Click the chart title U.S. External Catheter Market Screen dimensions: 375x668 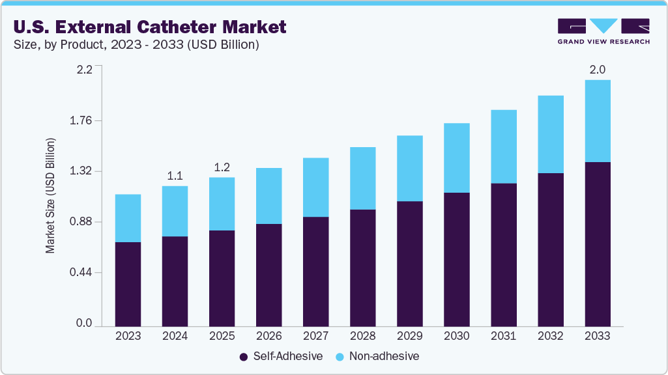click(148, 27)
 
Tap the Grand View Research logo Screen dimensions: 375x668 click(603, 31)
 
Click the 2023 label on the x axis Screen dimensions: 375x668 click(128, 336)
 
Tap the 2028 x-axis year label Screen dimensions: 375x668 click(362, 336)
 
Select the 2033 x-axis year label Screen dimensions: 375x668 click(597, 336)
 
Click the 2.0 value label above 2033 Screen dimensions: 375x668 click(597, 69)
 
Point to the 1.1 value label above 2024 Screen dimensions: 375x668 click(175, 175)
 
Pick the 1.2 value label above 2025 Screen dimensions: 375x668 click(222, 167)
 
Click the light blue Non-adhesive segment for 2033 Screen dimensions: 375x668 click(597, 121)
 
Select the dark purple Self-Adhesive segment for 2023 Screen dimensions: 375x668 click(128, 283)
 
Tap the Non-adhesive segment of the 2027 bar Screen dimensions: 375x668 click(315, 187)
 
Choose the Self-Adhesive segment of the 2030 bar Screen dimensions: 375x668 click(456, 259)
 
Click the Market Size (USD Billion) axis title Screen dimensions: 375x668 click(50, 196)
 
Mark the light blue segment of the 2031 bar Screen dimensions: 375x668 click(503, 146)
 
